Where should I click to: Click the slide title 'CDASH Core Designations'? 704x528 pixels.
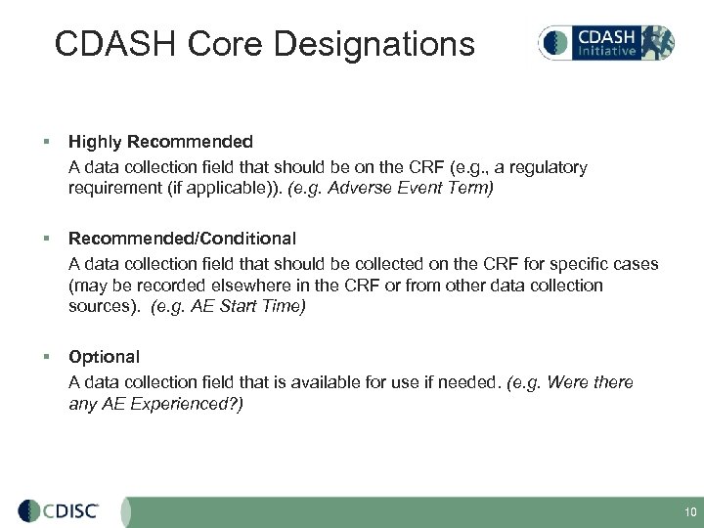[264, 44]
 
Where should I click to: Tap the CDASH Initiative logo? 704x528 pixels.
[605, 42]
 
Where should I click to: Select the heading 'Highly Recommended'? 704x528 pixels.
[160, 142]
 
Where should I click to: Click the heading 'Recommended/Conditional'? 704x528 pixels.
[182, 238]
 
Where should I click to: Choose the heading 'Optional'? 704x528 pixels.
[104, 357]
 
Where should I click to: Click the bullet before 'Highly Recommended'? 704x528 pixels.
[48, 143]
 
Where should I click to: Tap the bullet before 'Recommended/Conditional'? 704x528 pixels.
[48, 239]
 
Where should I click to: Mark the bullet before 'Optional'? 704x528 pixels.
[48, 358]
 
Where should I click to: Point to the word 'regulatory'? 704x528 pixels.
[548, 167]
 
